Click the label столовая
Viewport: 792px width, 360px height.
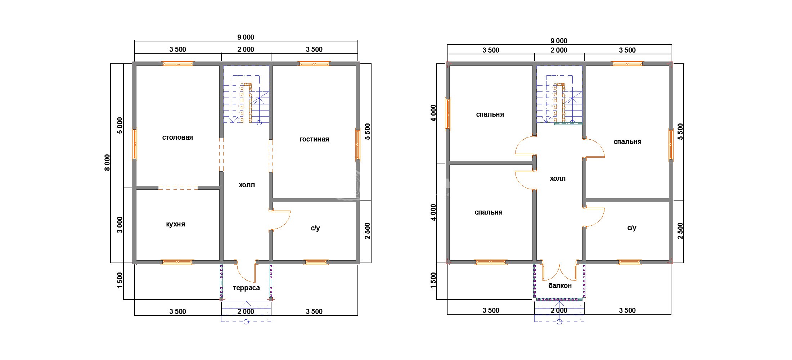pyautogui.click(x=177, y=138)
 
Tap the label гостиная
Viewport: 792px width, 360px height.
pyautogui.click(x=314, y=139)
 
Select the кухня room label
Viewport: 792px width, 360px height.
pyautogui.click(x=176, y=224)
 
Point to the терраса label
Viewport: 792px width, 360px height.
pyautogui.click(x=246, y=288)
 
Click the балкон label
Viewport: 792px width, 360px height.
pyautogui.click(x=560, y=286)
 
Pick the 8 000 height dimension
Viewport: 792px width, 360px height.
pyautogui.click(x=107, y=163)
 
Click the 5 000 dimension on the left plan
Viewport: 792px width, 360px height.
pyautogui.click(x=120, y=125)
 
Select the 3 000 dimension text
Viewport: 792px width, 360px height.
pyautogui.click(x=120, y=225)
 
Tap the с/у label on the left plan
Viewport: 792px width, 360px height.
pyautogui.click(x=315, y=228)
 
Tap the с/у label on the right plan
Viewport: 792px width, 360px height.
pyautogui.click(x=632, y=228)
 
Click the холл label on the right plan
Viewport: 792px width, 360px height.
pyautogui.click(x=558, y=179)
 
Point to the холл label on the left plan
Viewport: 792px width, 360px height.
pyautogui.click(x=247, y=185)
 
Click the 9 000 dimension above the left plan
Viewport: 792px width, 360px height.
pyautogui.click(x=246, y=37)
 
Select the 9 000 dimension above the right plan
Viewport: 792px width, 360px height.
pyautogui.click(x=559, y=41)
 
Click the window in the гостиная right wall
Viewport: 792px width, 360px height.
pyautogui.click(x=358, y=144)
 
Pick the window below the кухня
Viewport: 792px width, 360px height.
pyautogui.click(x=177, y=262)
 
